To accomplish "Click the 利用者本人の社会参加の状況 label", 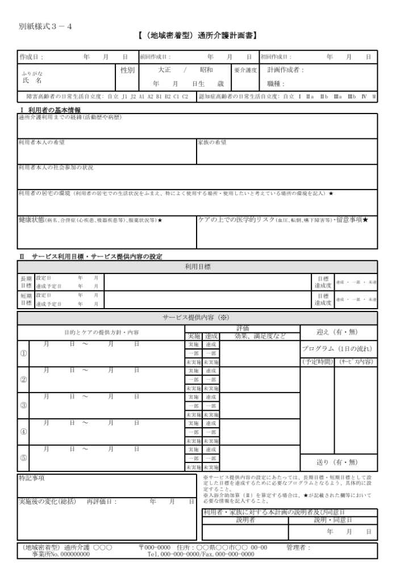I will tap(56, 168).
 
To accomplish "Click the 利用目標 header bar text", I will tap(197, 266).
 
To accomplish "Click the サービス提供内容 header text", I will tap(197, 318).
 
